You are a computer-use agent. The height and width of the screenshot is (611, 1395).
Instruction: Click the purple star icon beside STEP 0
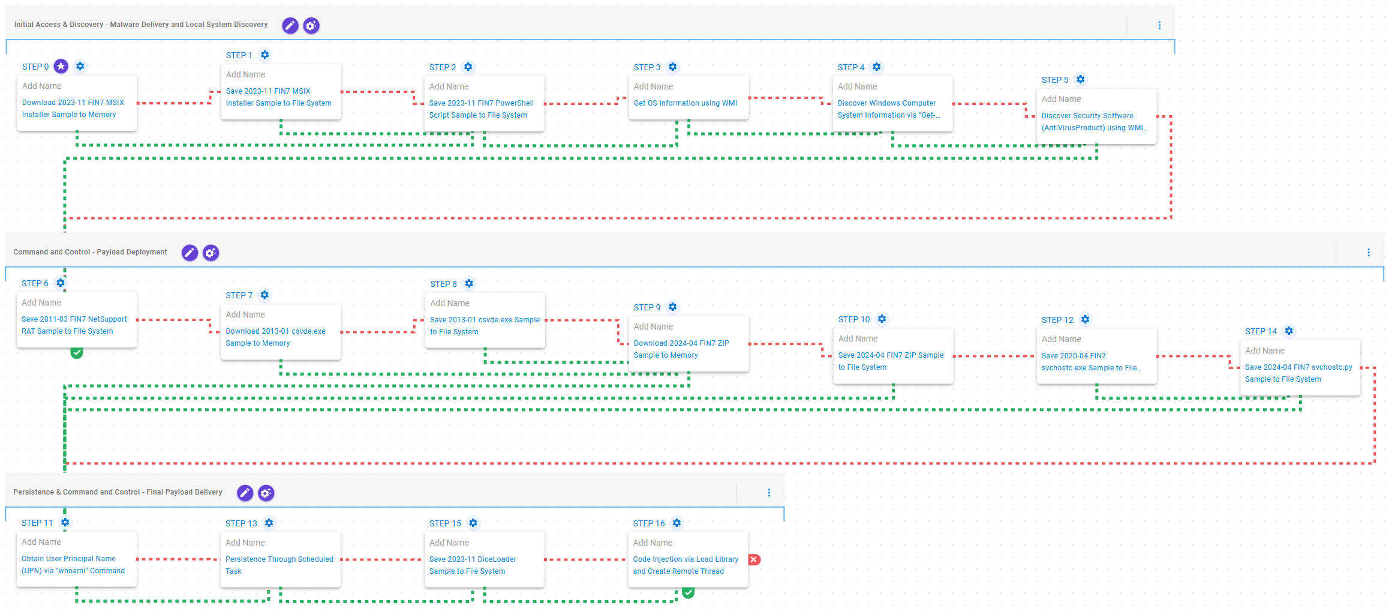coord(61,66)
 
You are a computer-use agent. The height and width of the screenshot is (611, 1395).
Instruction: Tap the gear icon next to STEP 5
coord(1080,79)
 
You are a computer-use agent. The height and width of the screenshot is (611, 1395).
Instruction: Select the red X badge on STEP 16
coord(754,559)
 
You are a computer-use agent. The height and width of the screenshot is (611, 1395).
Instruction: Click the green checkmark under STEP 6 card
coord(77,352)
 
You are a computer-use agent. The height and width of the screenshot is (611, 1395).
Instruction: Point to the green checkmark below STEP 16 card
coord(689,592)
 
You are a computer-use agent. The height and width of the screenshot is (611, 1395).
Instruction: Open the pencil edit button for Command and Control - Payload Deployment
coord(190,253)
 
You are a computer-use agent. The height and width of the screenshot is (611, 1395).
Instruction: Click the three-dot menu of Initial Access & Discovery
coord(1159,25)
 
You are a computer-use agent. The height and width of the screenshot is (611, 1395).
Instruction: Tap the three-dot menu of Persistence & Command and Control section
coord(769,493)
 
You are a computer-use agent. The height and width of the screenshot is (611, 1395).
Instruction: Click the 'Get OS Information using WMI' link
coord(686,103)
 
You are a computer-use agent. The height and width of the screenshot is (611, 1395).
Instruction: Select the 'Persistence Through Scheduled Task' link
coord(279,565)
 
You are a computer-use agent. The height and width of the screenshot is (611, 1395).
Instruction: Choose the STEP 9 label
coord(647,307)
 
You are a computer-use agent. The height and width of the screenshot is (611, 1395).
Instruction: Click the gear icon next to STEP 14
coord(1289,331)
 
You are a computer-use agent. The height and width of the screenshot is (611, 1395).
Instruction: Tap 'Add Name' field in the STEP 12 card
coord(1062,339)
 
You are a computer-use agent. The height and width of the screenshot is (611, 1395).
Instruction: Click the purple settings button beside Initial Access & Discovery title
coord(311,25)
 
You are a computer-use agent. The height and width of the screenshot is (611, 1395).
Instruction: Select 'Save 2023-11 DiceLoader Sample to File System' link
coord(473,565)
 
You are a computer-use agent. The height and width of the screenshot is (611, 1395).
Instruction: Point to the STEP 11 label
coord(37,523)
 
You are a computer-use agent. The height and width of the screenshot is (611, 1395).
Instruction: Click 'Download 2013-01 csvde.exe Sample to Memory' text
coord(276,337)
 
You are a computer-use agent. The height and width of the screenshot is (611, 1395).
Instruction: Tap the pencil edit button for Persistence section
coord(245,493)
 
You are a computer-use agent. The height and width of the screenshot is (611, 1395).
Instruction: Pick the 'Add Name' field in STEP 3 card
coord(654,86)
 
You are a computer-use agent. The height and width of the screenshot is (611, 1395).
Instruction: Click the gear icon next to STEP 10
coord(882,319)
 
